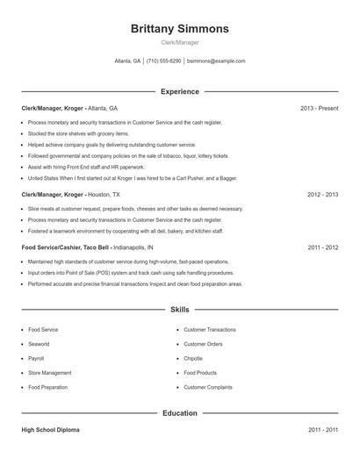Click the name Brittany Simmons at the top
[x=179, y=29]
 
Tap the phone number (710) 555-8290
[x=163, y=61]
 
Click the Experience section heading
[x=179, y=91]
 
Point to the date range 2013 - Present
[x=319, y=108]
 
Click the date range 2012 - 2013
[x=322, y=194]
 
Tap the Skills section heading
[x=179, y=310]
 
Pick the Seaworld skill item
[x=40, y=344]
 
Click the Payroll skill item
[x=36, y=358]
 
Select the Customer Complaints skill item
[x=207, y=387]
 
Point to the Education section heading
[x=179, y=412]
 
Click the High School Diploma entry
[x=50, y=430]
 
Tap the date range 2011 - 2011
[x=322, y=430]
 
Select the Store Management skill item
[x=49, y=373]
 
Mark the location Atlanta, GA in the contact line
[x=127, y=61]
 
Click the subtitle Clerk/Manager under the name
[x=179, y=42]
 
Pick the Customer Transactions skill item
[x=209, y=330]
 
